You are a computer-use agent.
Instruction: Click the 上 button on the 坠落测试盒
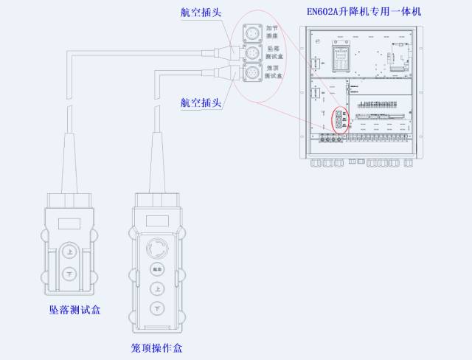pos(69,252)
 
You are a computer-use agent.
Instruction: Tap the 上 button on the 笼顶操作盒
pos(156,288)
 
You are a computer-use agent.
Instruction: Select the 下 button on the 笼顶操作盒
pos(156,308)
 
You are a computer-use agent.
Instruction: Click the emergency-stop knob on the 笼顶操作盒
pos(156,246)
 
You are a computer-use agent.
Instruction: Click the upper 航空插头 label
pos(201,12)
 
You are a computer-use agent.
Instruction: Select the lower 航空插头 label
pos(201,102)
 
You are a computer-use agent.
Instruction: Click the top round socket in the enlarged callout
pos(252,33)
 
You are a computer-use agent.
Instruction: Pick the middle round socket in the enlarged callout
pos(252,54)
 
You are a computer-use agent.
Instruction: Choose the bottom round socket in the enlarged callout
pos(252,74)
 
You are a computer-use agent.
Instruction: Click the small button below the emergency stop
pos(156,269)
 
